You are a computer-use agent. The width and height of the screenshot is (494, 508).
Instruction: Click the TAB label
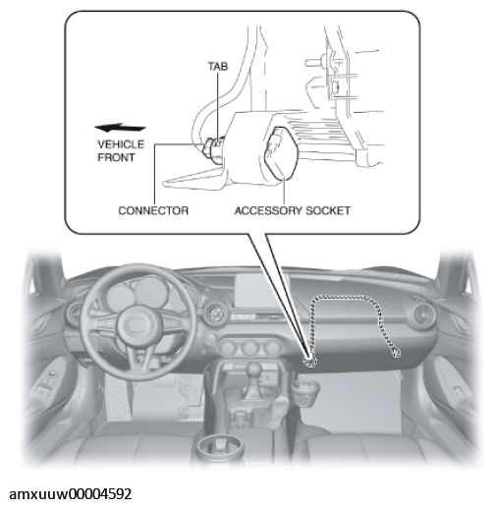coord(218,66)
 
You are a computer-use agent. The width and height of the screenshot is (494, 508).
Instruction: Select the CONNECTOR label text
coord(153,210)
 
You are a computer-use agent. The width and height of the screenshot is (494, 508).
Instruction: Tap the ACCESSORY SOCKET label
coord(293,210)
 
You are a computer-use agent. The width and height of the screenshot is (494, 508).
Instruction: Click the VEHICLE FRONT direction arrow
coord(120,128)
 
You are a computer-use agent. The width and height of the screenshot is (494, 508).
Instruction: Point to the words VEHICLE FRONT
coord(121,150)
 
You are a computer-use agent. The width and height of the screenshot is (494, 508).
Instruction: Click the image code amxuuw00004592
coord(71,494)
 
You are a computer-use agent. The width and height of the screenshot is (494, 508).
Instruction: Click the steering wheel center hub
coord(136,323)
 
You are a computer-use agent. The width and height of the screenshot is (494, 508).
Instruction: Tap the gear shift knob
coord(254,370)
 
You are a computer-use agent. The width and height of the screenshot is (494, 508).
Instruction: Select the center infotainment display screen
coord(258,293)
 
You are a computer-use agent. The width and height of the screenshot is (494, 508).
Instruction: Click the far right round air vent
coord(422,316)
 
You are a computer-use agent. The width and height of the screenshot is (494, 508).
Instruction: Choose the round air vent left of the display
coord(216,313)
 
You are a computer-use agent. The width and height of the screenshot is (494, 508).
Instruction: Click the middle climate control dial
coord(249,349)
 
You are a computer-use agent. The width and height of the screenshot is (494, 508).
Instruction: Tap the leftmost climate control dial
coord(228,348)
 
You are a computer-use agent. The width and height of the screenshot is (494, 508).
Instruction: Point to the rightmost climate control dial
coord(271,349)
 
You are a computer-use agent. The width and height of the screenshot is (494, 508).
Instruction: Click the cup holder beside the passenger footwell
coord(305,391)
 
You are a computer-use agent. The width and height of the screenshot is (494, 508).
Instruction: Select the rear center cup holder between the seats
coord(219,449)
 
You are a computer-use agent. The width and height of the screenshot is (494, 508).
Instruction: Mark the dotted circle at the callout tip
coord(309,362)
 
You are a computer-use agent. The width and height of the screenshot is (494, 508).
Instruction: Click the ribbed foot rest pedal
coord(117,396)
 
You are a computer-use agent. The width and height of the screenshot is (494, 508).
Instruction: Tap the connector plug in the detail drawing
coord(213,149)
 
